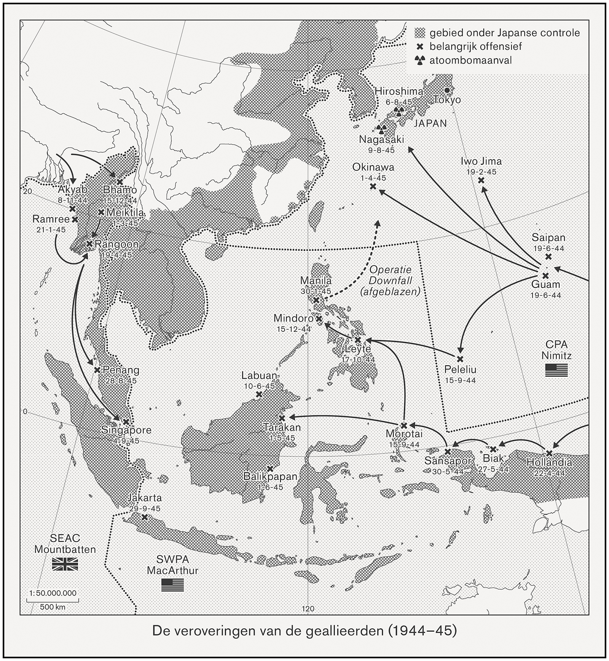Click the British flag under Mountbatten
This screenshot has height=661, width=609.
coord(65,564)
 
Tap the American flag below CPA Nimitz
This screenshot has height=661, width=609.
coord(556,370)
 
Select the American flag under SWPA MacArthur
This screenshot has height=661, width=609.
coord(172,585)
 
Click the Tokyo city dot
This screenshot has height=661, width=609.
coord(448,90)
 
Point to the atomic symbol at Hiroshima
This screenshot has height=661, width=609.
coord(399,111)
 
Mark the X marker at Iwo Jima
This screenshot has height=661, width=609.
coord(481,180)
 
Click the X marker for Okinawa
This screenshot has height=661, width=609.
coord(373,186)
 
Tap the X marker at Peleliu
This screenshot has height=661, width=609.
coord(460,359)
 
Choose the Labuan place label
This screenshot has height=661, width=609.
coord(259,376)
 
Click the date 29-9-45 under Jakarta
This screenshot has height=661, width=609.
coord(144,508)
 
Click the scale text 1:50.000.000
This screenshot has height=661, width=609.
coord(53,593)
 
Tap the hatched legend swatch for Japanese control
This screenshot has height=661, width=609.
coord(420,33)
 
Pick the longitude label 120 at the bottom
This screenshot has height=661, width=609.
coord(308,608)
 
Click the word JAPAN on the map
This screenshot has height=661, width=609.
coord(430,123)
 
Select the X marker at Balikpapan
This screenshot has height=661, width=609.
coord(270,469)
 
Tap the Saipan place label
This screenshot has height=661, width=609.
coord(548,238)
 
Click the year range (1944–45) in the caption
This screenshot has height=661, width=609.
coord(421,631)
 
